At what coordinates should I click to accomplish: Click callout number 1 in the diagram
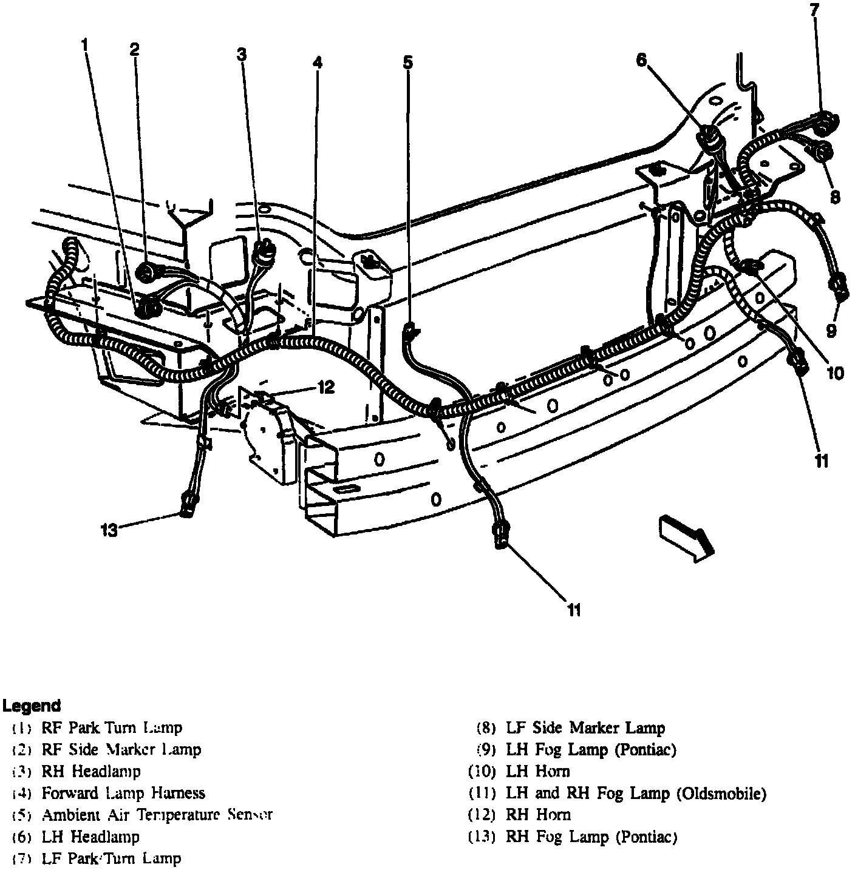pyautogui.click(x=84, y=44)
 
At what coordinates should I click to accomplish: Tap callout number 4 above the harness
pyautogui.click(x=317, y=62)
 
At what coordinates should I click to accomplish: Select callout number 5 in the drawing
pyautogui.click(x=407, y=62)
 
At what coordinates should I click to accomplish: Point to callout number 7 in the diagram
pyautogui.click(x=814, y=10)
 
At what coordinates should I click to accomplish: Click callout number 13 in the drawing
pyautogui.click(x=109, y=530)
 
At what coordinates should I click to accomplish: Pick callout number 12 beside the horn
pyautogui.click(x=326, y=387)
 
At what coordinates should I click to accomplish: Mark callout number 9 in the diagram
pyautogui.click(x=831, y=330)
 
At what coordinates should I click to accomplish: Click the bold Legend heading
pyautogui.click(x=32, y=706)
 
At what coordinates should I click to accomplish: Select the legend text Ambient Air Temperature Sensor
pyautogui.click(x=157, y=814)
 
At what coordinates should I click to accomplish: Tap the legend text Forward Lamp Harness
pyautogui.click(x=123, y=792)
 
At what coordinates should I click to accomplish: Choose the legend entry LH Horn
pyautogui.click(x=538, y=771)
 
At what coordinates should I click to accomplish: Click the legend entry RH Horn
pyautogui.click(x=538, y=814)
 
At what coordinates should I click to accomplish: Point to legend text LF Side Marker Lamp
pyautogui.click(x=585, y=727)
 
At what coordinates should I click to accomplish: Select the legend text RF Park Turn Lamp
pyautogui.click(x=112, y=727)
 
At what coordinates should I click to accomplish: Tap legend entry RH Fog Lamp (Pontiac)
pyautogui.click(x=591, y=837)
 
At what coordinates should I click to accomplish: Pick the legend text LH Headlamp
pyautogui.click(x=90, y=837)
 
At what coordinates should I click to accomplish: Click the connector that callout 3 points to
pyautogui.click(x=263, y=251)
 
